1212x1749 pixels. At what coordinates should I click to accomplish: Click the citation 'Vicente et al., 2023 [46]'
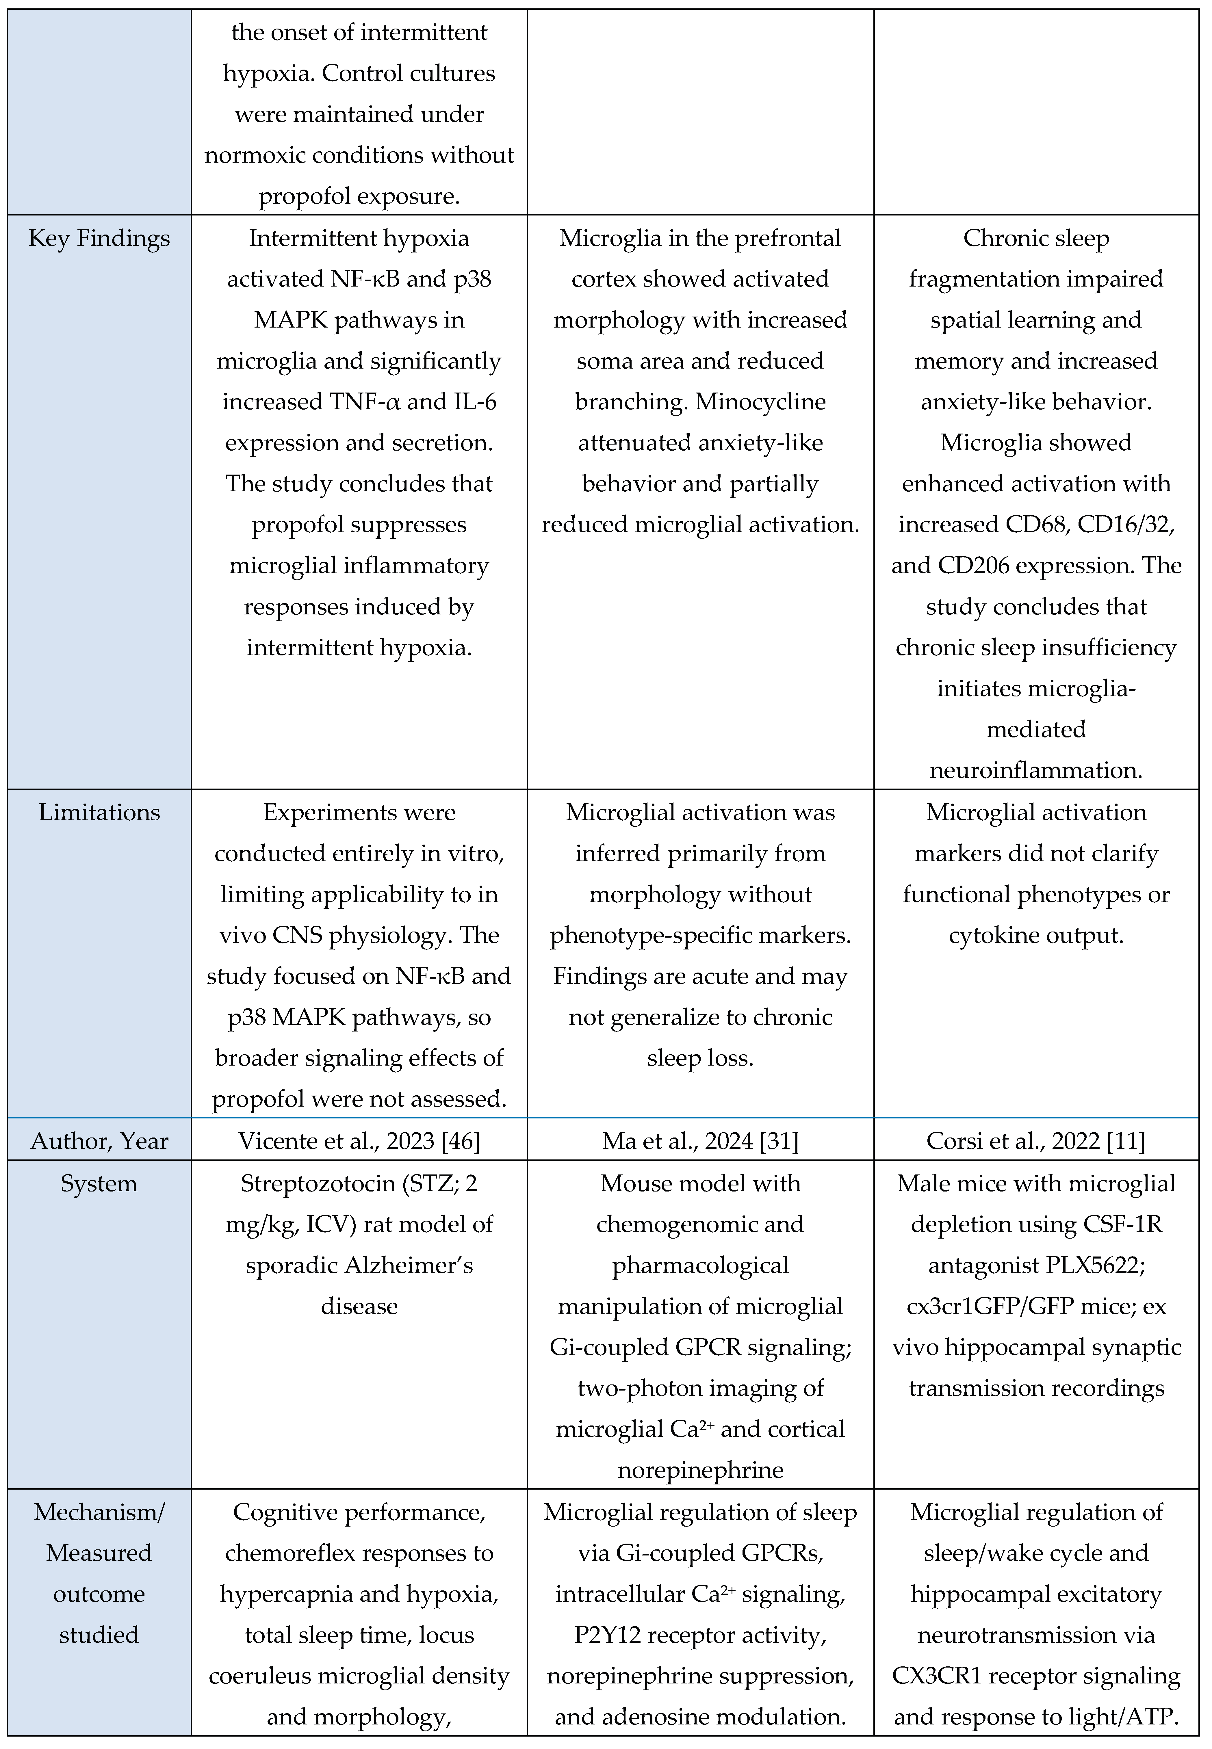(359, 1141)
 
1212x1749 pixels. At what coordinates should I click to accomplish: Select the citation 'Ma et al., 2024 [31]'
(700, 1141)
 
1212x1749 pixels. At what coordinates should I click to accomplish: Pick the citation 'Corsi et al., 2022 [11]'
(1036, 1141)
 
